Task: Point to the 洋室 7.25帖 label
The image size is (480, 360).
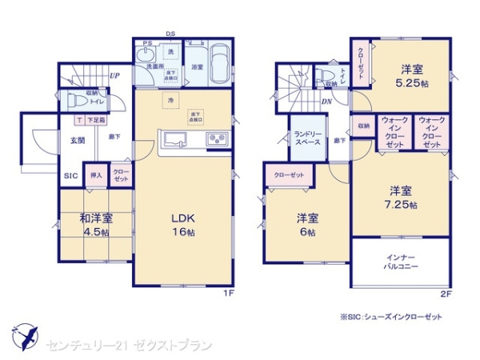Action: point(401,197)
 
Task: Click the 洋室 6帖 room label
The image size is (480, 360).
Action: point(308,225)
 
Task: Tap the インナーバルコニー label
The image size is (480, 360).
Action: point(397,261)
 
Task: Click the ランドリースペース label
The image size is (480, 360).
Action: point(307,138)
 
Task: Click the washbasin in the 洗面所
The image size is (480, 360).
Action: point(146,56)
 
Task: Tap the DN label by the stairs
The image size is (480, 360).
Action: point(326,102)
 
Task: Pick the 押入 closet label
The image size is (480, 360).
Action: point(96,176)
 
